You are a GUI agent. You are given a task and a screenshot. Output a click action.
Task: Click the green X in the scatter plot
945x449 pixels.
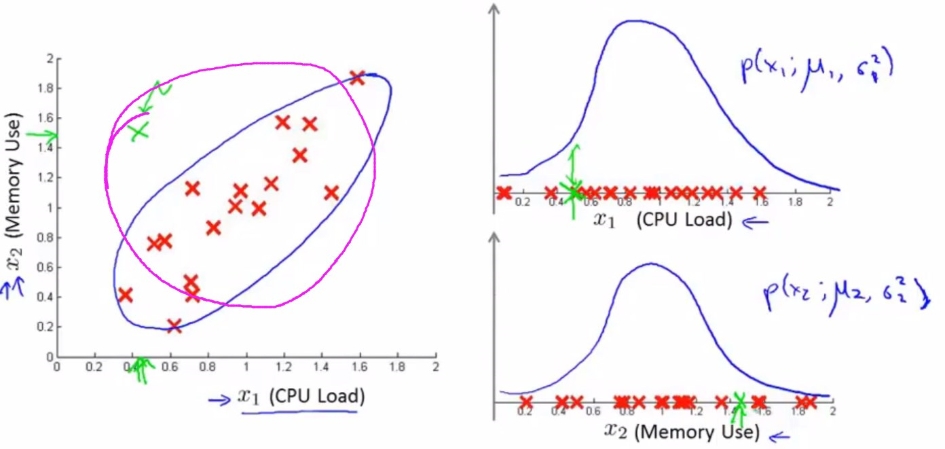tap(139, 130)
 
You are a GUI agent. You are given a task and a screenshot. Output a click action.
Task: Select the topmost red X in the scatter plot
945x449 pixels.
tap(357, 78)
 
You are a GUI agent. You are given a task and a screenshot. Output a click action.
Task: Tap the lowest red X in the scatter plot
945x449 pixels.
tap(174, 326)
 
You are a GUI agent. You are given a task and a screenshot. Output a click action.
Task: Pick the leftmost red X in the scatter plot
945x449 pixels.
tap(125, 295)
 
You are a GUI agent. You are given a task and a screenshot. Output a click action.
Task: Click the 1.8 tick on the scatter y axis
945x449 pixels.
tap(44, 88)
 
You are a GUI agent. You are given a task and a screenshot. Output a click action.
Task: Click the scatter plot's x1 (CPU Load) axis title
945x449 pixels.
tap(301, 397)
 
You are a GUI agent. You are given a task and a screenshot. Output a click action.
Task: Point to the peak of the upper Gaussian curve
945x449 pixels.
tap(633, 21)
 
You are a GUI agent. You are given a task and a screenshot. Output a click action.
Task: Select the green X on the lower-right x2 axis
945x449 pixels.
tap(740, 402)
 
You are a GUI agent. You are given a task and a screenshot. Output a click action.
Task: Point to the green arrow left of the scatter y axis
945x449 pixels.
tap(48, 135)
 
